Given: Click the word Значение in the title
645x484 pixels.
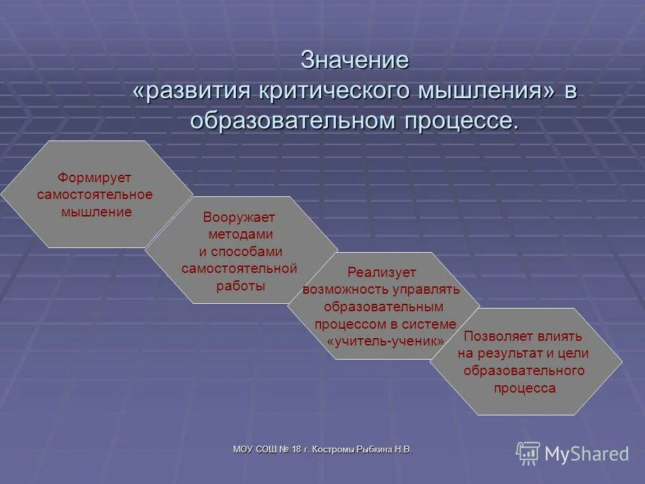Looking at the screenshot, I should click(355, 60).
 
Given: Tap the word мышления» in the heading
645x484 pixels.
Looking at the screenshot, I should click(487, 91).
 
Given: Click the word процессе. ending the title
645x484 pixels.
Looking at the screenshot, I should click(461, 121).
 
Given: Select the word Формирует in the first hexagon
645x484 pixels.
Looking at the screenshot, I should click(94, 178).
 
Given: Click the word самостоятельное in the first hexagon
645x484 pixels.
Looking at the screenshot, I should click(95, 195).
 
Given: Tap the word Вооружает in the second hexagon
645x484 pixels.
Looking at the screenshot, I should click(239, 218).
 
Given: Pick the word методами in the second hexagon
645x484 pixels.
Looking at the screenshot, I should click(241, 235).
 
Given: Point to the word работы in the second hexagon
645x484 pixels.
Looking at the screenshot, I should click(241, 285).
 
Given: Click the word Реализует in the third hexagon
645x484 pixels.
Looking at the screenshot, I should click(382, 273).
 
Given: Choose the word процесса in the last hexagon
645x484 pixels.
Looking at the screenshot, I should click(525, 388).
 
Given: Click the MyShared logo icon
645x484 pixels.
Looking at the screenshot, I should click(528, 453).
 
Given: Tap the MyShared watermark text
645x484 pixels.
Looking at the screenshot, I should click(587, 454).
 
